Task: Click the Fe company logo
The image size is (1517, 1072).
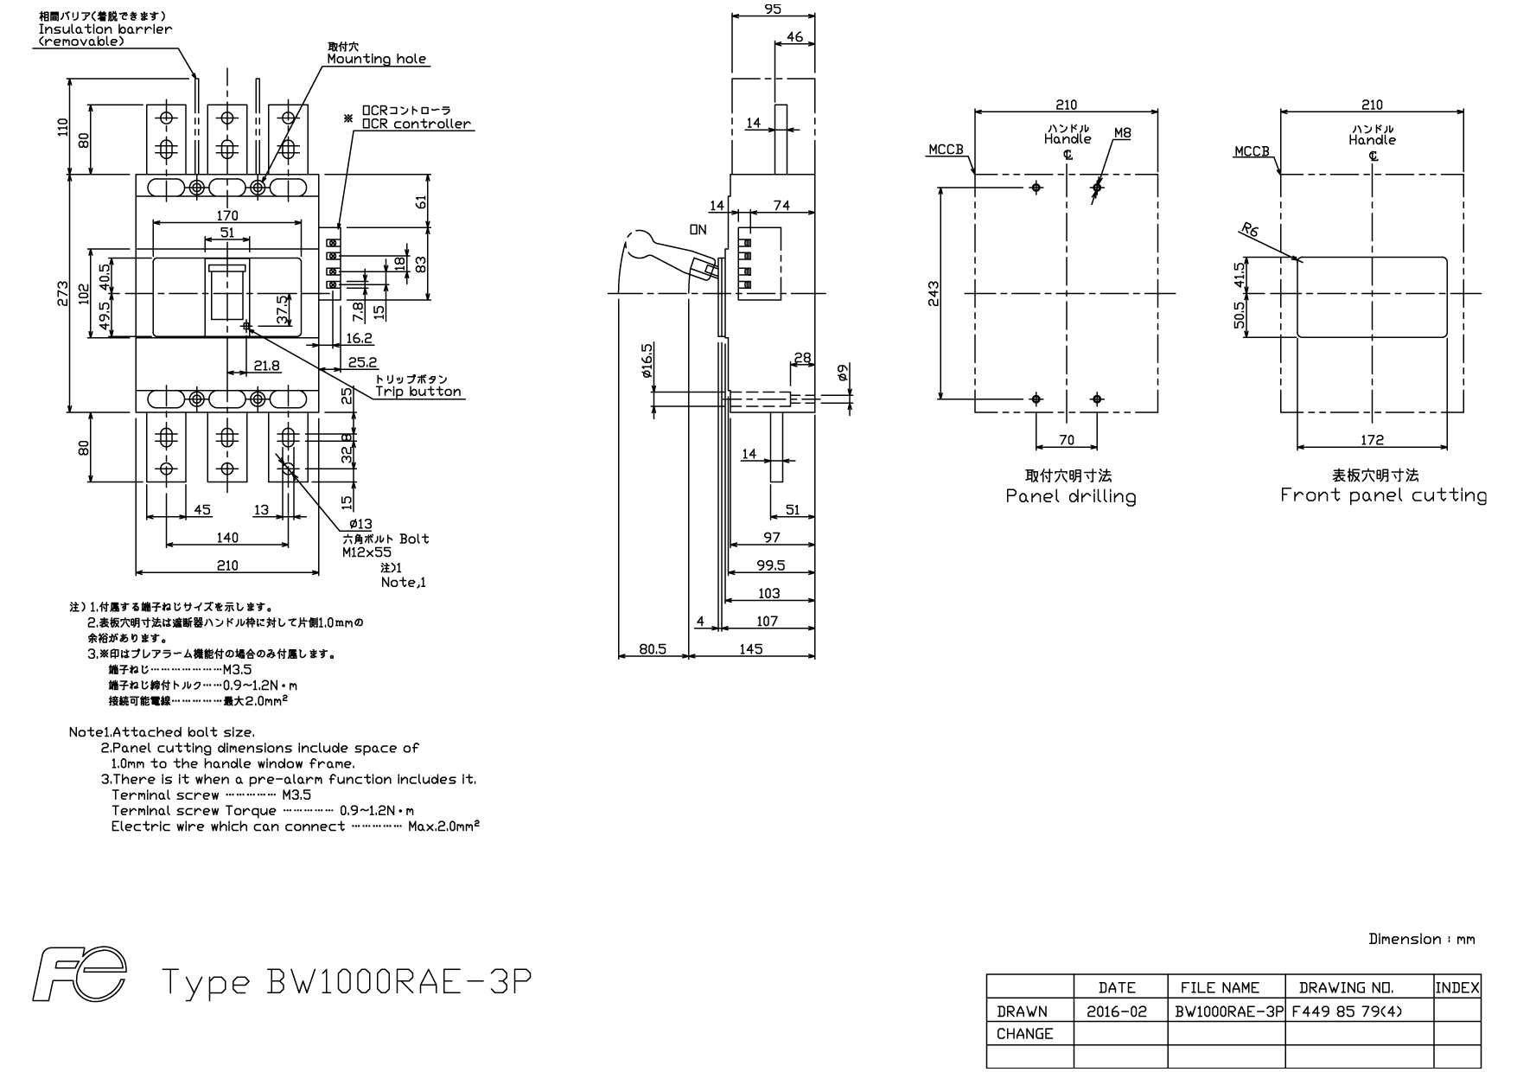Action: point(80,973)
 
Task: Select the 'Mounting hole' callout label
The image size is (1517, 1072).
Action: point(376,59)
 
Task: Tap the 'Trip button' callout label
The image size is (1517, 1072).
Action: point(418,391)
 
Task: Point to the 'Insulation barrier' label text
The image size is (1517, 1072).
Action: point(105,29)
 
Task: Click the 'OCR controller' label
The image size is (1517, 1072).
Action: point(417,124)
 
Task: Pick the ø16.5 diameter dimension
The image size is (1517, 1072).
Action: point(647,361)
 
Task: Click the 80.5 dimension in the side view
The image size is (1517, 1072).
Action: point(653,648)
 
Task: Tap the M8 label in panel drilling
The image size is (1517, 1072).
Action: point(1122,133)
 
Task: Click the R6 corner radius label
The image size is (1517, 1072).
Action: point(1249,230)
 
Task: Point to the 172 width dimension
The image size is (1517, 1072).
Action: point(1372,440)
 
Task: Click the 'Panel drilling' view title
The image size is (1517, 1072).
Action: point(1071,496)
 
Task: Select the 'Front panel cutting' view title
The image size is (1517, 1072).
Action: point(1383,495)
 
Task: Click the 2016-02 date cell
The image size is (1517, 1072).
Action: point(1120,1011)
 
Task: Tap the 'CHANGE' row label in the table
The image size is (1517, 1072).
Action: point(1024,1034)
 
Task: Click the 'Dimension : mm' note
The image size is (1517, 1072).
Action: point(1422,939)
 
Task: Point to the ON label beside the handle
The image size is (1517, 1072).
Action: point(698,230)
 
